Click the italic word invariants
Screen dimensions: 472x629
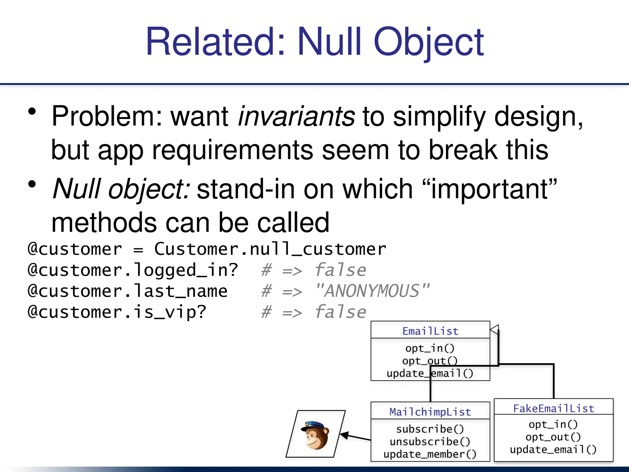click(x=296, y=117)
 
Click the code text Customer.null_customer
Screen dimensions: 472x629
click(x=270, y=249)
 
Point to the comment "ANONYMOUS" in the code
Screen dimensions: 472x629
click(x=372, y=291)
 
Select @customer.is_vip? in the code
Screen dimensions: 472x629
click(x=117, y=312)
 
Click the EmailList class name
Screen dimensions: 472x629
click(x=430, y=331)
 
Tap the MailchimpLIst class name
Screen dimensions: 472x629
click(x=430, y=412)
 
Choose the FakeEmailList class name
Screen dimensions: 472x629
click(x=554, y=408)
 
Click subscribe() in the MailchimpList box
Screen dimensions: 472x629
click(x=430, y=429)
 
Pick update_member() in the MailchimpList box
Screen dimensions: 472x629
click(x=430, y=454)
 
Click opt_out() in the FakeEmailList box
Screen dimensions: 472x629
click(x=553, y=437)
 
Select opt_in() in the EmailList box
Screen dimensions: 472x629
click(x=430, y=348)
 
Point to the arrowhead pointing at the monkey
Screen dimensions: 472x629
click(x=345, y=435)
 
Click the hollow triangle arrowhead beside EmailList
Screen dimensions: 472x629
click(x=494, y=329)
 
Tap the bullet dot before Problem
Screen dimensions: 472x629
click(x=32, y=112)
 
